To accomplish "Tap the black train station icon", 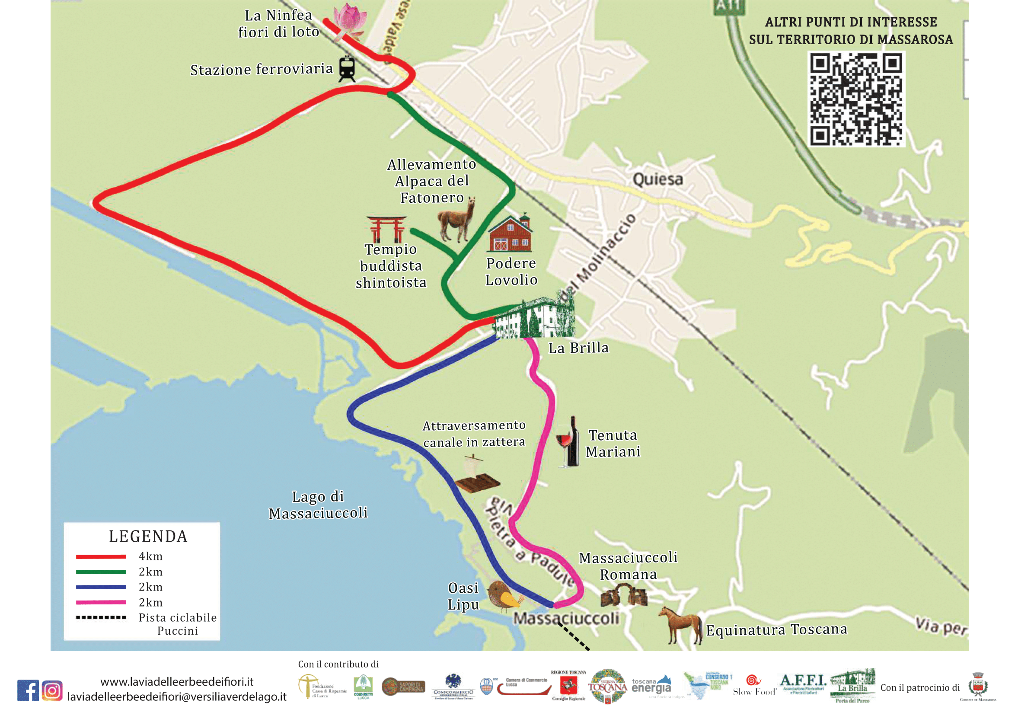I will [347, 69].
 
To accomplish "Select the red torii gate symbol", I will [386, 229].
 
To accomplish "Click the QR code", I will [856, 99].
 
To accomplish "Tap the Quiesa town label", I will [657, 179].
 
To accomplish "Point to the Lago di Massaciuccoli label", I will [318, 505].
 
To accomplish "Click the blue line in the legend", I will [101, 587].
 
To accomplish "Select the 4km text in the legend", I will [151, 556].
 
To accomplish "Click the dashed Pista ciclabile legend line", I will [101, 617].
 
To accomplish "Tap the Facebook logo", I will [28, 690].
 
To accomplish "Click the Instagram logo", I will [52, 691].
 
